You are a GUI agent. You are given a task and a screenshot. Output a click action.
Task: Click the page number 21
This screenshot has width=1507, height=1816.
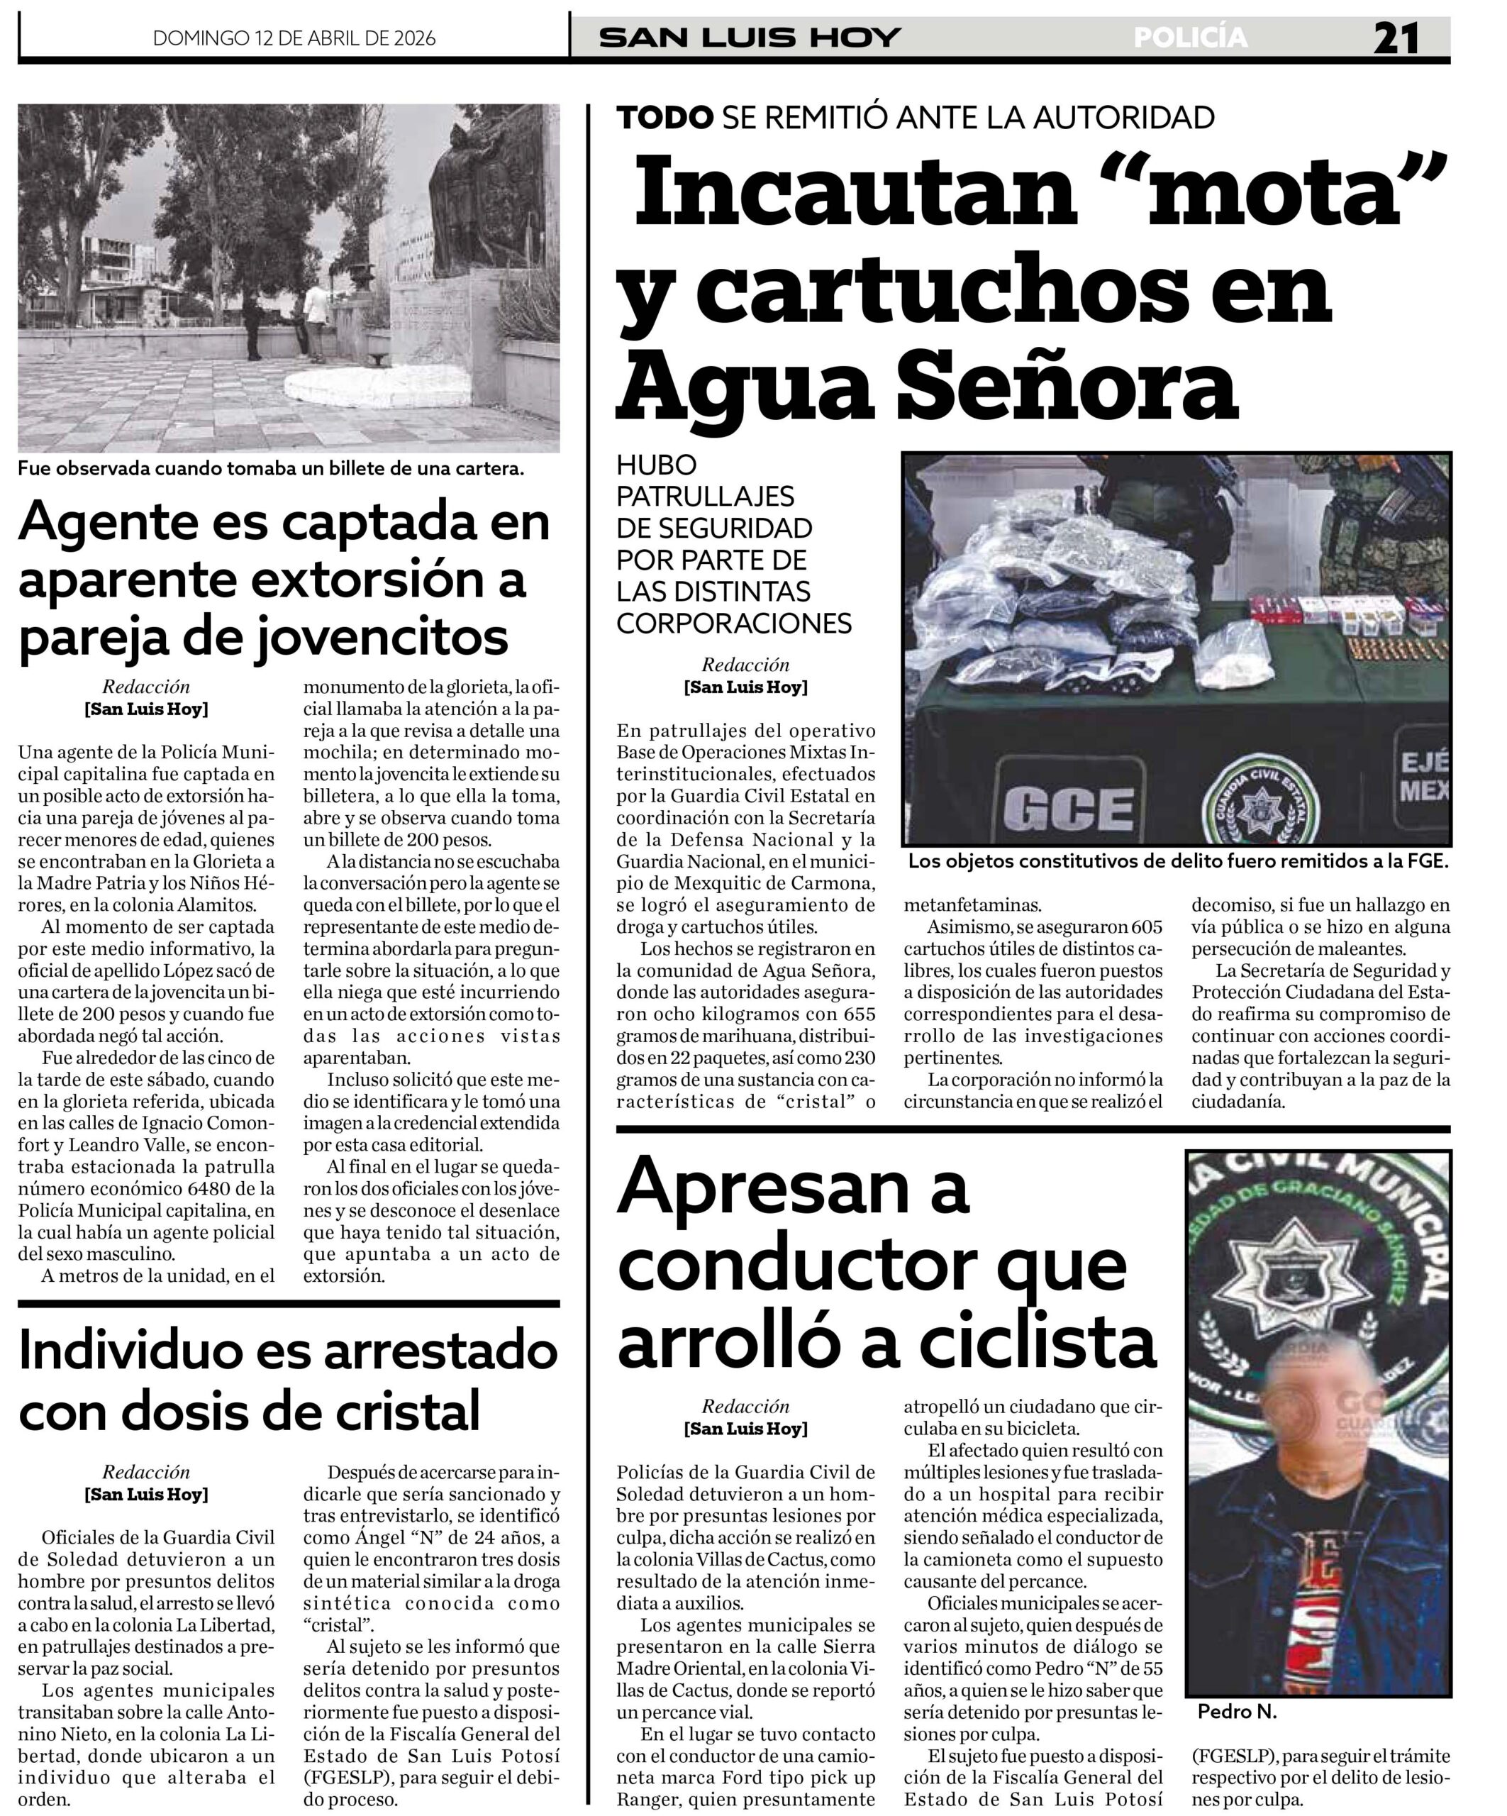tap(1396, 38)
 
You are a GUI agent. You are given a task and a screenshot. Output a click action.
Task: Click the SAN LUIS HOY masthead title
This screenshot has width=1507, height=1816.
tap(750, 38)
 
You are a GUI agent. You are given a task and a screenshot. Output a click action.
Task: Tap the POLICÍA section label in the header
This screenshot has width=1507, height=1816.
tap(1190, 38)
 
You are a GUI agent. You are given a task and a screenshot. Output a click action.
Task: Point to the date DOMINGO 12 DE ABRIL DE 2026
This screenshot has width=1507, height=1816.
tap(294, 38)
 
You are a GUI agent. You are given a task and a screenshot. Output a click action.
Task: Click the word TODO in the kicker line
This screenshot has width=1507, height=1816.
tap(664, 117)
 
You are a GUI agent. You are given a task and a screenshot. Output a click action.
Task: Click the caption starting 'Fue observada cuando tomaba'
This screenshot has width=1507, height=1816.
tap(271, 469)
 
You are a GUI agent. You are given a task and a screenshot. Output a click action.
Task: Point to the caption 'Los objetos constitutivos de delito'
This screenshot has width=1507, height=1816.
tap(1177, 861)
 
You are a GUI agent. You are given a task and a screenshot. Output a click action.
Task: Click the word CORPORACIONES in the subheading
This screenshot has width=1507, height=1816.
tap(733, 623)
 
